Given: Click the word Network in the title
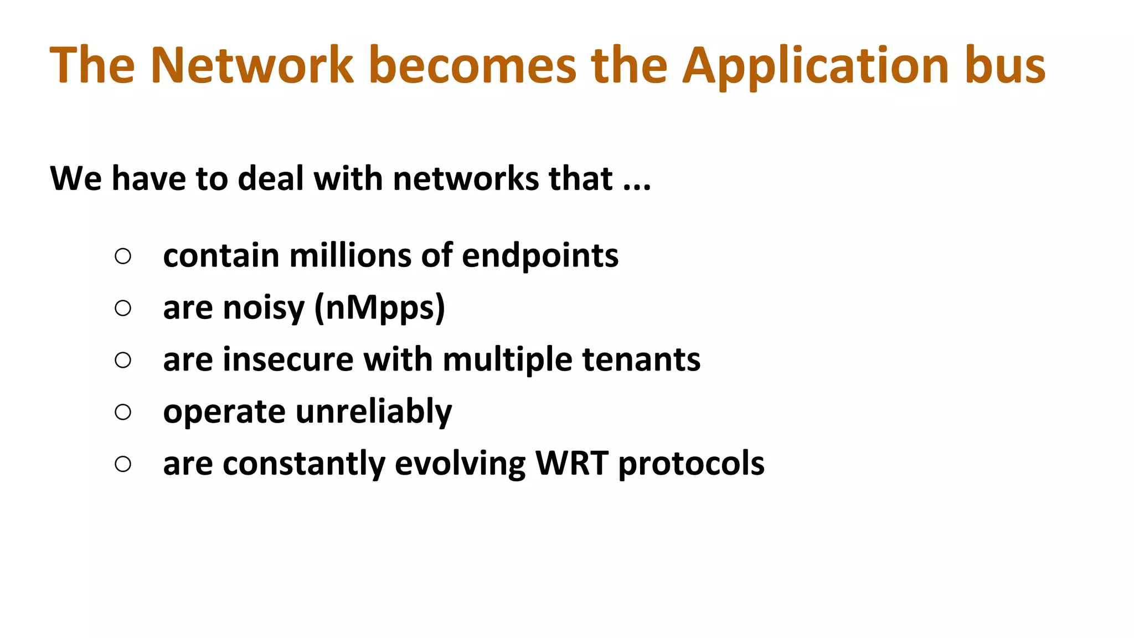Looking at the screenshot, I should tap(252, 65).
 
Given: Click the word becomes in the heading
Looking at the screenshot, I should tap(472, 65).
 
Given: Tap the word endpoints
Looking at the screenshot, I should tap(540, 256).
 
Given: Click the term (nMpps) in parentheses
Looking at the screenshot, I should tap(379, 308).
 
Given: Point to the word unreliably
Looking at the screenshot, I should tap(374, 412).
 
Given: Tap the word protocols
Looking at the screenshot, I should tap(691, 464).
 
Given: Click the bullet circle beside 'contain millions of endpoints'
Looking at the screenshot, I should tap(123, 256).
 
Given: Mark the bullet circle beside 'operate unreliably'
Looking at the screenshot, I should tap(123, 412).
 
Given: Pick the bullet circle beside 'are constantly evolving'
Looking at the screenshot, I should tap(123, 464).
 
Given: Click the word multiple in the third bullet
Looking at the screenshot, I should tap(507, 359).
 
